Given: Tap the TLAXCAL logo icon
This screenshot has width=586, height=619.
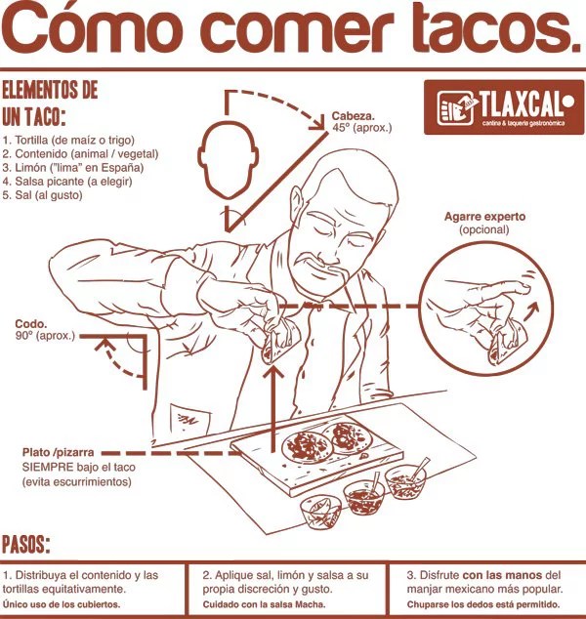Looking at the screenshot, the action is (455, 107).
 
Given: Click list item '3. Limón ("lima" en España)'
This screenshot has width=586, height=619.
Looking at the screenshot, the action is (73, 167).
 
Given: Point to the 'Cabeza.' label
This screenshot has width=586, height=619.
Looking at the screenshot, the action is (353, 116).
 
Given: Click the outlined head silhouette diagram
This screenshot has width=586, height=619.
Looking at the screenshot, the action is (229, 159).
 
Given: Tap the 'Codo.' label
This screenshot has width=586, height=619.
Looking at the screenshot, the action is (31, 324).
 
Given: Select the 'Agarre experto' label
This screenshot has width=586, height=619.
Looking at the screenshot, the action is (484, 217).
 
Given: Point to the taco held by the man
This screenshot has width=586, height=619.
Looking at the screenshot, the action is (279, 343).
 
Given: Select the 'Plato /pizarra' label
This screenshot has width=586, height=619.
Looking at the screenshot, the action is (58, 452).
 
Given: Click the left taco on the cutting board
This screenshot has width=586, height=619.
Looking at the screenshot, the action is (307, 446).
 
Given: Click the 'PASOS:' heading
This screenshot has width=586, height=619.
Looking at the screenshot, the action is (26, 545).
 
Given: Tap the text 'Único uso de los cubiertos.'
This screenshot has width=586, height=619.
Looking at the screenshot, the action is (62, 604).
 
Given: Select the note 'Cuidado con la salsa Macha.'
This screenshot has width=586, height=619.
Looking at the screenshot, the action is (264, 604).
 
